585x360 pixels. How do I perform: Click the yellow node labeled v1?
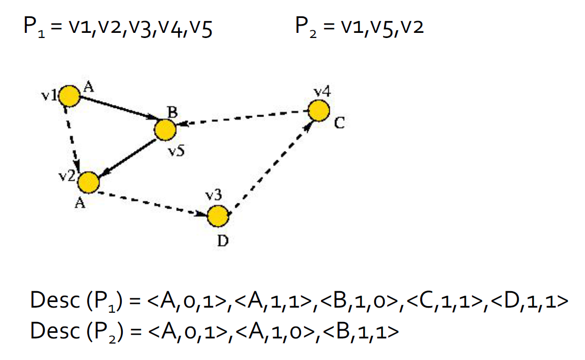[69, 96]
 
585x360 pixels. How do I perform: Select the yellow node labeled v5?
[165, 130]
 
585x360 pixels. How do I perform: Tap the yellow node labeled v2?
[88, 182]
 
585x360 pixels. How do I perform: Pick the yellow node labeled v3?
[218, 216]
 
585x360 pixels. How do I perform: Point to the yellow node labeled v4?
[318, 110]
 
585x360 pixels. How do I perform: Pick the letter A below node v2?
[80, 203]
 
